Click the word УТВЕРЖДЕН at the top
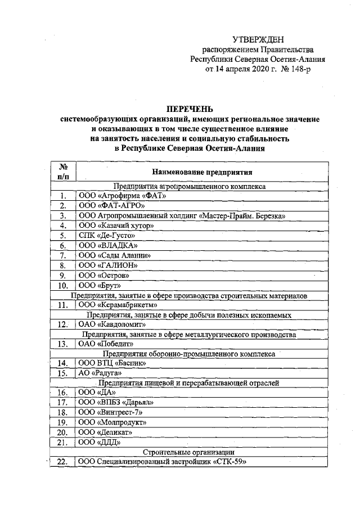(258, 39)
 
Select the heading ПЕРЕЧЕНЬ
(190, 109)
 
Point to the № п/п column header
(63, 172)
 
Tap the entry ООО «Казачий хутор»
(116, 225)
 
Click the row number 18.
(63, 412)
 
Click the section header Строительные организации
(188, 452)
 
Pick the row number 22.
(63, 462)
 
